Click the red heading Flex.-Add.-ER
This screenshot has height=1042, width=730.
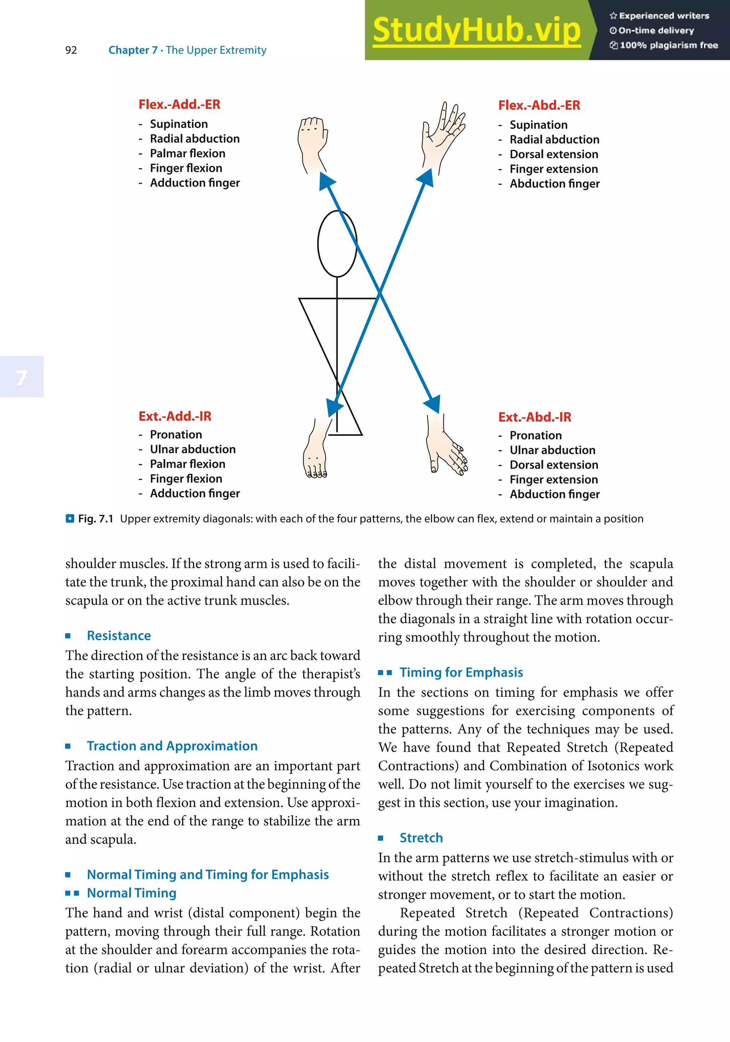[179, 104]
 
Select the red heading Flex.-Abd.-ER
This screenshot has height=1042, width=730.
[539, 105]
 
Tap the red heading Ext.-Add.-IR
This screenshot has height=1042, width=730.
[175, 416]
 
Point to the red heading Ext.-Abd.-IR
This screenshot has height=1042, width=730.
[534, 417]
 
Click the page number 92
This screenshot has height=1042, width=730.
[71, 50]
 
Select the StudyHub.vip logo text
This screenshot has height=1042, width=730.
[477, 30]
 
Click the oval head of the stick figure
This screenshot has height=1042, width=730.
[337, 244]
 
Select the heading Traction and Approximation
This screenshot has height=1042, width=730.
[172, 746]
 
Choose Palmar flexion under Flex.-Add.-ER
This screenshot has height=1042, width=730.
[187, 154]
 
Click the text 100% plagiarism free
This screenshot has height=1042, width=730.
[668, 45]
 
